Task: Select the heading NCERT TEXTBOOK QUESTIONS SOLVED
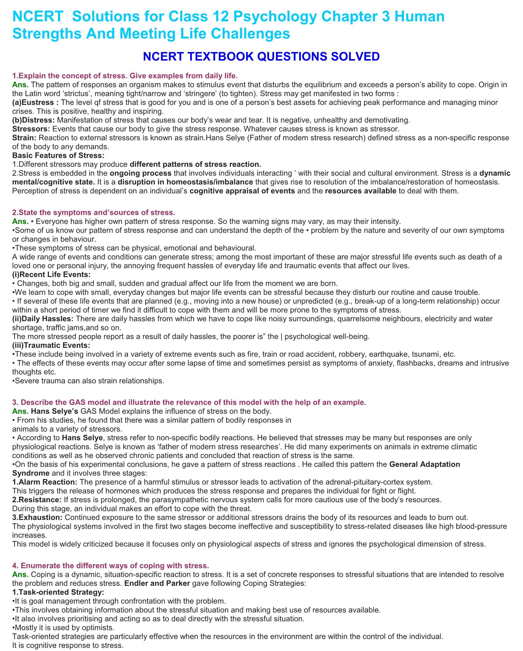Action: [x=261, y=56]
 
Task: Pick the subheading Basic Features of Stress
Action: [x=58, y=155]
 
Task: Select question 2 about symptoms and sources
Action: [x=94, y=212]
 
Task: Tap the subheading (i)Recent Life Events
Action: [x=51, y=274]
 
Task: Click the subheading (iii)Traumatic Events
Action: [x=51, y=345]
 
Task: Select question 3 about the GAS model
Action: [x=189, y=402]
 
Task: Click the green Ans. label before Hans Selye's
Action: [x=20, y=411]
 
